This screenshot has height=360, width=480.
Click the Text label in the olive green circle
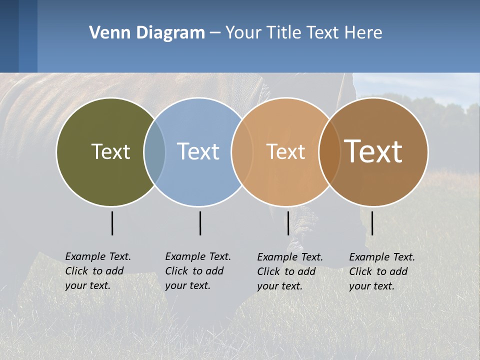[x=110, y=151]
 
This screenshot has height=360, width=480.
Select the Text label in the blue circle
[x=198, y=151]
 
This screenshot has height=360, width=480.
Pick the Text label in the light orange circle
[x=285, y=152]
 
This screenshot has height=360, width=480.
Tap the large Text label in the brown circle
[x=373, y=151]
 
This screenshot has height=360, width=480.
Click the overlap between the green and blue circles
[x=154, y=151]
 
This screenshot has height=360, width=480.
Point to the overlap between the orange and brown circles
[x=329, y=151]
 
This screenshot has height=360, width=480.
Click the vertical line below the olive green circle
[x=112, y=223]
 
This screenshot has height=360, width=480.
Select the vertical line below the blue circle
[x=200, y=223]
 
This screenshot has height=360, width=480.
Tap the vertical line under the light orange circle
[x=288, y=223]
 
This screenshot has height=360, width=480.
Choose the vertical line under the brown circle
[x=372, y=223]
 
